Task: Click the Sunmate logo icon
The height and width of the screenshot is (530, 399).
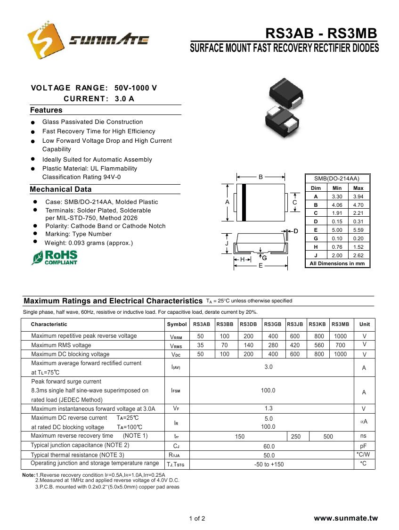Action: point(46,39)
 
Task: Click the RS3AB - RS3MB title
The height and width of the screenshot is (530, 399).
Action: point(321,33)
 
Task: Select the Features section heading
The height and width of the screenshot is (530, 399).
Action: point(46,110)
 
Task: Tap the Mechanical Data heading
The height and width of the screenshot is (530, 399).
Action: point(61,189)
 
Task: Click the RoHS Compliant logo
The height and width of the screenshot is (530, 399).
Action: point(55,257)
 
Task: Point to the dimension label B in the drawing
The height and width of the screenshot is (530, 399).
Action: point(261,177)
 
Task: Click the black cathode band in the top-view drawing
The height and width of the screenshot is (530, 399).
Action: point(244,202)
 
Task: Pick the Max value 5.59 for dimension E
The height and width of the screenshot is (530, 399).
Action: point(358,230)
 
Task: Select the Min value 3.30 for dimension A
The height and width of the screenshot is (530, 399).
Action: point(337,196)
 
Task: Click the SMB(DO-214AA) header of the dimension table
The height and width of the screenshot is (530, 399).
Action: point(337,179)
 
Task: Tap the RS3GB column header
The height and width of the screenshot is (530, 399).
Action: point(273,324)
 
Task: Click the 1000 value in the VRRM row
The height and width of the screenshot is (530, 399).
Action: point(340,336)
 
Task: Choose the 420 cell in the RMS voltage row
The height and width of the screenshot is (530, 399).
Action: point(295,345)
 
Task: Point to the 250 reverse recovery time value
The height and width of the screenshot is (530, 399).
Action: point(296,437)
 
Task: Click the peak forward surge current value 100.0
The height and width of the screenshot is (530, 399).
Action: point(268,391)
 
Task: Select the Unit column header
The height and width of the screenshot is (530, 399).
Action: point(364,324)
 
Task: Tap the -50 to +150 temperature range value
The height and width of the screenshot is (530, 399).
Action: point(268,465)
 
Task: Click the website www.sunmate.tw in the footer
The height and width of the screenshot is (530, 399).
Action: point(346,518)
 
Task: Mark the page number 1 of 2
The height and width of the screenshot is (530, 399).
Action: point(197,519)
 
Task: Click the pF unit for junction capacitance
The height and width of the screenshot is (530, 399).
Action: point(364,446)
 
